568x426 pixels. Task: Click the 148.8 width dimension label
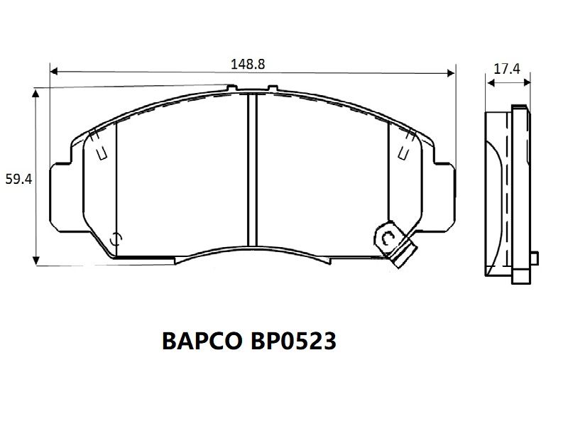(248, 64)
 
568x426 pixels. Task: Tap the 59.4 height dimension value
(18, 179)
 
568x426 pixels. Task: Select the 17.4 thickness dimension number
(507, 68)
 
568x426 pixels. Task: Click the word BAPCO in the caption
(202, 341)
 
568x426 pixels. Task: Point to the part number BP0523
(293, 341)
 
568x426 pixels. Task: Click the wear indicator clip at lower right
(395, 244)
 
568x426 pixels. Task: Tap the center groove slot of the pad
(252, 170)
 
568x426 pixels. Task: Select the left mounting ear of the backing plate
(61, 197)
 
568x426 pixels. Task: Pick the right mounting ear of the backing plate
(444, 197)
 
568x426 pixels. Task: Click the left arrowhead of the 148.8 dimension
(54, 71)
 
